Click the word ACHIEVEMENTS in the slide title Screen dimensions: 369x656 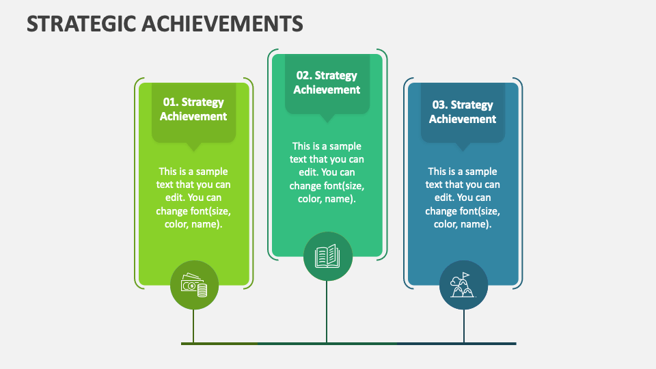[222, 24]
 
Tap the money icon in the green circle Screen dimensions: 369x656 [193, 285]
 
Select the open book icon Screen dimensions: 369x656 [327, 256]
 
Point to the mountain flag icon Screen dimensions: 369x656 [463, 285]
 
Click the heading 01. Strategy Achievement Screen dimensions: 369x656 [193, 109]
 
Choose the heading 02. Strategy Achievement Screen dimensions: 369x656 [327, 83]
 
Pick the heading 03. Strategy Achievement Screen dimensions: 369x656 [463, 112]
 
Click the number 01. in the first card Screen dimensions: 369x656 [170, 102]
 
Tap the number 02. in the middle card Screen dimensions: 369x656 [303, 76]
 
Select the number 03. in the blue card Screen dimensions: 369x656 [440, 105]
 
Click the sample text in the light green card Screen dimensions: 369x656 [193, 197]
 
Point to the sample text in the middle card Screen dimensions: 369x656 [327, 172]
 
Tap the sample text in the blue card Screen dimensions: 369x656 [463, 197]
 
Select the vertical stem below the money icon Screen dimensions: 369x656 [193, 325]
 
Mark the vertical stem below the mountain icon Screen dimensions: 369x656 [463, 325]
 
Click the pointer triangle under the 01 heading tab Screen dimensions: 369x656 [193, 147]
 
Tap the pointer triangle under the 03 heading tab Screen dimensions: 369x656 [463, 147]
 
